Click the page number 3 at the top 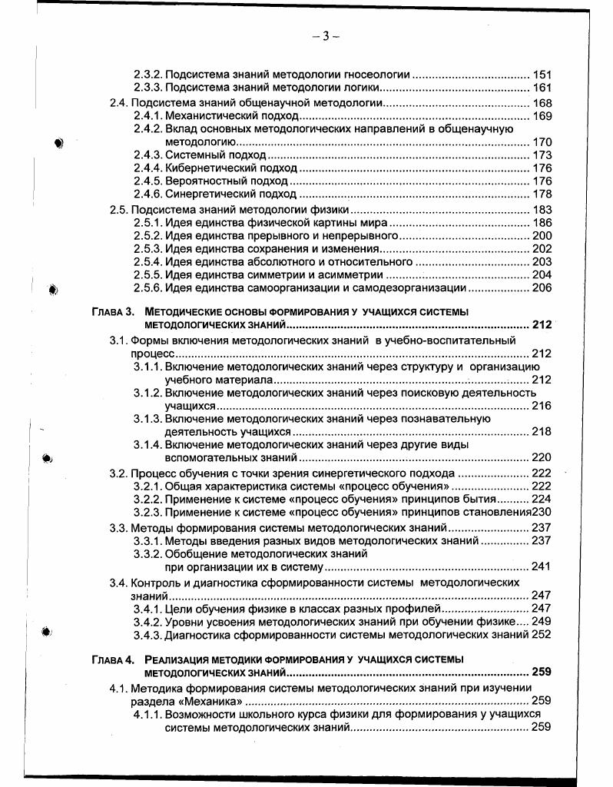click(326, 36)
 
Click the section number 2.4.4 click(147, 168)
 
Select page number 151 click(542, 75)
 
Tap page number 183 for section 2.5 click(542, 210)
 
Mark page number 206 click(542, 288)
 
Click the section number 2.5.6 click(147, 288)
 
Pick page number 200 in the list click(542, 236)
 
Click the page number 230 click(542, 513)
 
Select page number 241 click(542, 567)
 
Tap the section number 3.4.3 click(147, 635)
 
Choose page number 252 click(542, 635)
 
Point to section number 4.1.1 click(147, 715)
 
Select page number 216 click(542, 406)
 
